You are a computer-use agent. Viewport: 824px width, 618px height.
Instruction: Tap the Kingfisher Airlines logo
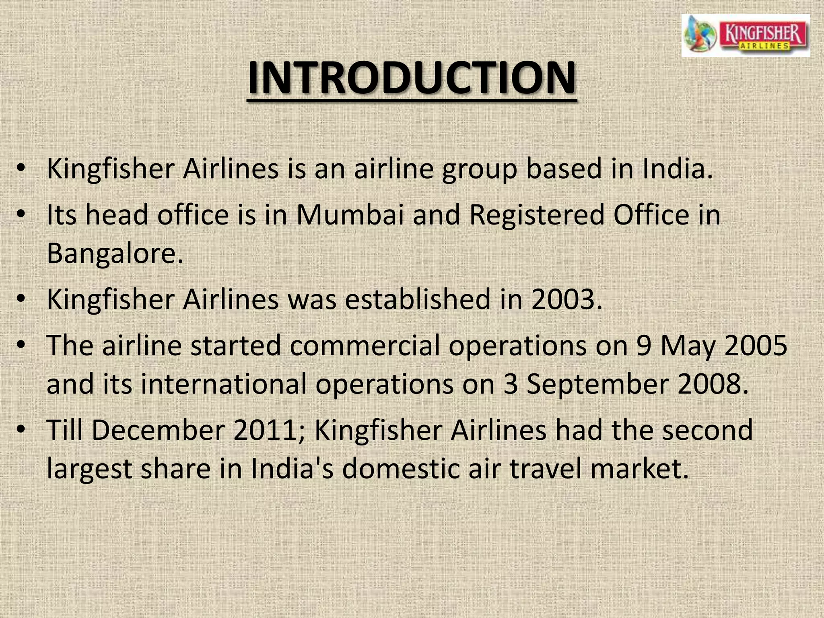pyautogui.click(x=745, y=35)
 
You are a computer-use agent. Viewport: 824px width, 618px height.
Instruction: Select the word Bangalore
pyautogui.click(x=115, y=253)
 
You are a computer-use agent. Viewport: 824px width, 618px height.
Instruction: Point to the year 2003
pyautogui.click(x=566, y=299)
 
